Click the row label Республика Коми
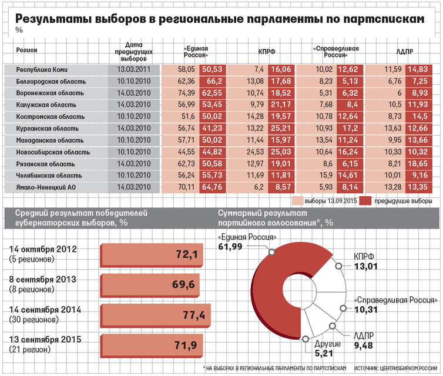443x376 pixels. click(x=42, y=69)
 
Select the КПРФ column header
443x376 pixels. click(x=266, y=52)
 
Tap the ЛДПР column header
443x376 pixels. click(x=404, y=52)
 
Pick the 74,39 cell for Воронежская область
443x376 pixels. click(x=186, y=93)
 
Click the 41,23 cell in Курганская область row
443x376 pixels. click(x=212, y=128)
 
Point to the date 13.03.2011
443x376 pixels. click(x=133, y=69)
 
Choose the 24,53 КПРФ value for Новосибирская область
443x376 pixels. click(x=255, y=152)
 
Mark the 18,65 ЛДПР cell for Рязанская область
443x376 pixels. click(x=418, y=164)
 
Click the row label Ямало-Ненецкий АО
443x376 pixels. click(x=46, y=187)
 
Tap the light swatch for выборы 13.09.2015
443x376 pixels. click(x=297, y=201)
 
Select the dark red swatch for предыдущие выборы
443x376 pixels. click(x=365, y=201)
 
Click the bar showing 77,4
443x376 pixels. click(x=155, y=316)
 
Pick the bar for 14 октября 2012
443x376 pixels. click(x=152, y=256)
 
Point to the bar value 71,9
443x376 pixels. click(x=186, y=345)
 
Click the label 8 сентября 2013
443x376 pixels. click(x=43, y=280)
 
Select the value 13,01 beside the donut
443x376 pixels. click(x=365, y=266)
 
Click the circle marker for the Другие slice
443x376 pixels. click(x=306, y=339)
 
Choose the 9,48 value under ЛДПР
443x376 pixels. click(x=363, y=345)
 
